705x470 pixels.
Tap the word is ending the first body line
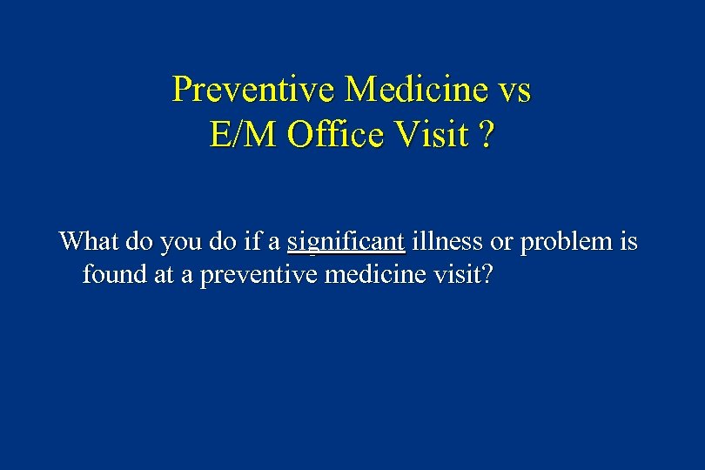pyautogui.click(x=628, y=241)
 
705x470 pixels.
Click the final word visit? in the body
pyautogui.click(x=468, y=276)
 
